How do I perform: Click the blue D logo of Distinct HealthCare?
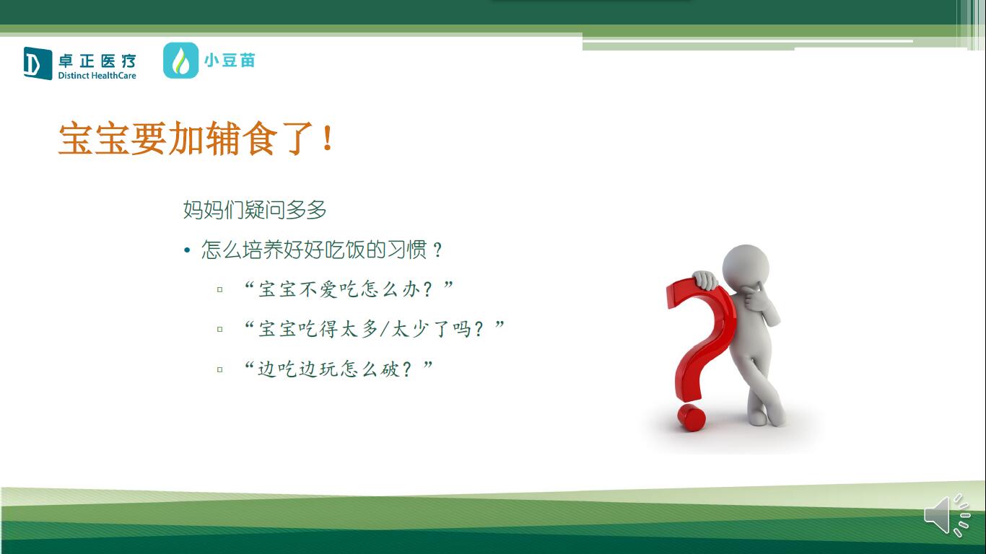38,63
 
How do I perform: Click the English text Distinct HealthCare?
97,76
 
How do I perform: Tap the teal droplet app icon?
180,61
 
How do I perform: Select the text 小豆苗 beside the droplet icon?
230,61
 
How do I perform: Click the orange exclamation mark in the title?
327,138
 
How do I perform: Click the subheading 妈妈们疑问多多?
254,209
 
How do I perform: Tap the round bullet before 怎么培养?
187,250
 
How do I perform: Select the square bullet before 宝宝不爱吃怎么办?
219,289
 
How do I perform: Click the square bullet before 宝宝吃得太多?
219,329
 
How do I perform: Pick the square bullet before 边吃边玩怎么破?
219,369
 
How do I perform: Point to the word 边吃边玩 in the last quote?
298,369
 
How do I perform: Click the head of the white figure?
746,267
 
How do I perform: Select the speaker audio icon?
947,515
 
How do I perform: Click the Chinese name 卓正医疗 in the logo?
97,61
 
